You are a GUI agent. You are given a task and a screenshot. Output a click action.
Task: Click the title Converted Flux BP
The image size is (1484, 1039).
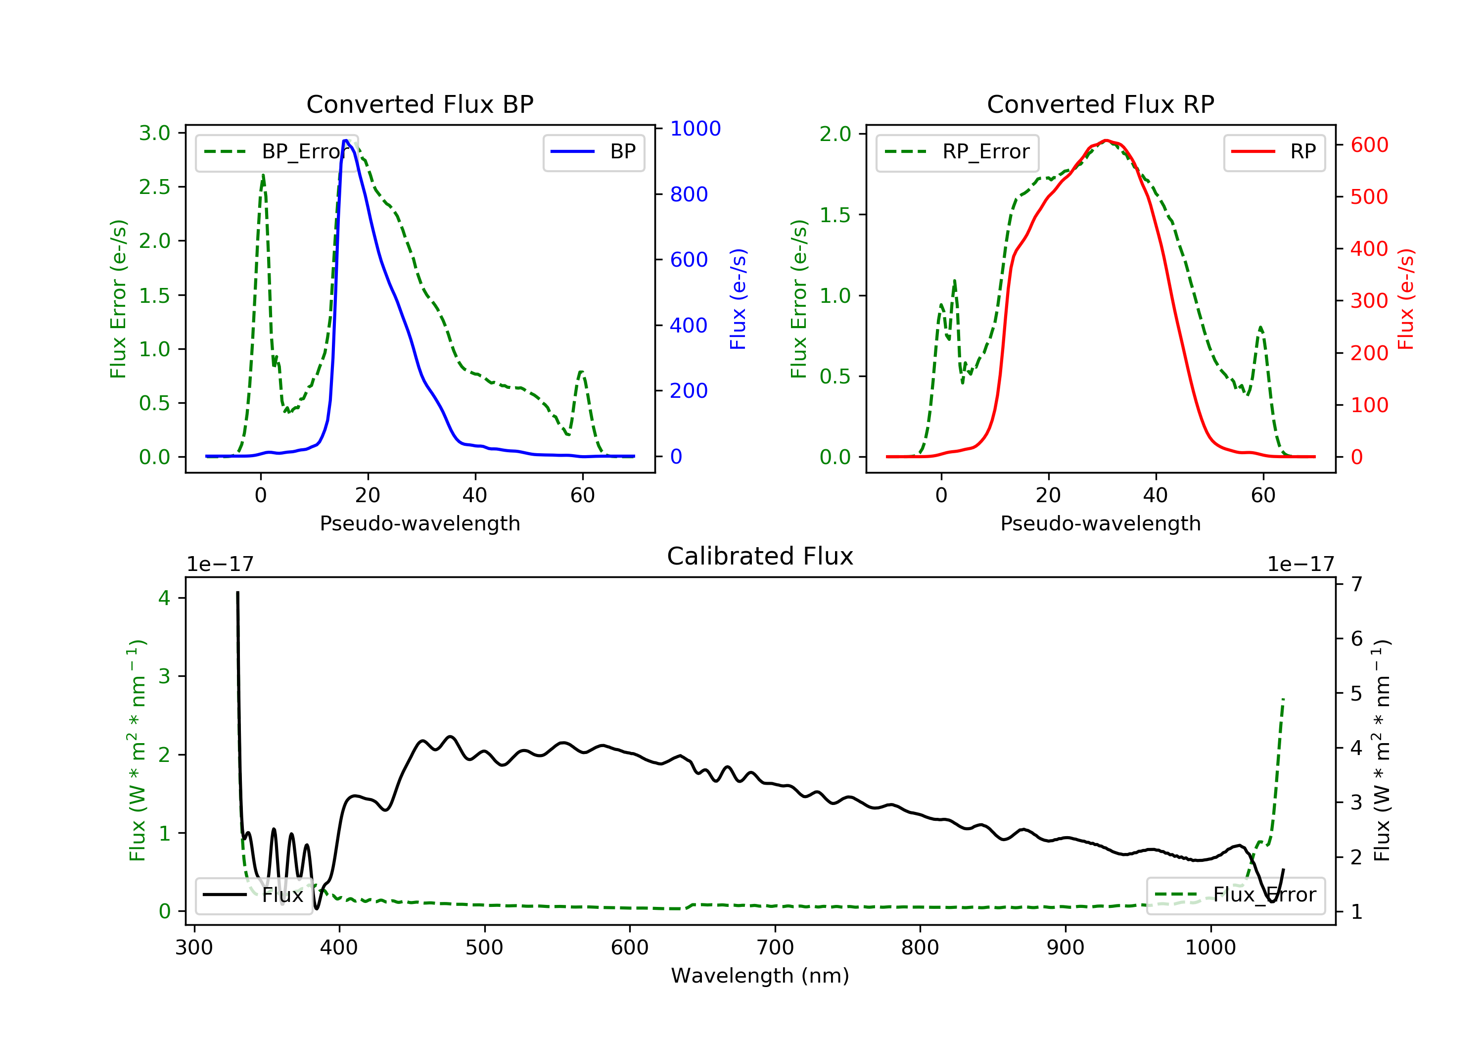pyautogui.click(x=419, y=104)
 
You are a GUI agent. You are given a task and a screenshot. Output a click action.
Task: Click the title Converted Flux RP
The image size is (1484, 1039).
pyautogui.click(x=1100, y=104)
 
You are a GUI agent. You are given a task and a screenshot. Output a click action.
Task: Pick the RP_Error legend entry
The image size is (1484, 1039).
pyautogui.click(x=957, y=152)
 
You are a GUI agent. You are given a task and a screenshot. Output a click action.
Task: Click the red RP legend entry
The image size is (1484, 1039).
pyautogui.click(x=1274, y=152)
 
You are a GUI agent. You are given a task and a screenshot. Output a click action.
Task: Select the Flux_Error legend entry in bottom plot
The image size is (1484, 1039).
pyautogui.click(x=1235, y=895)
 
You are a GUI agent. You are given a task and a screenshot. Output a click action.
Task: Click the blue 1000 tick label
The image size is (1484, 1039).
pyautogui.click(x=695, y=129)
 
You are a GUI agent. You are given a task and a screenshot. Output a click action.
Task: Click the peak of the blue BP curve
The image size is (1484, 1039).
pyautogui.click(x=346, y=141)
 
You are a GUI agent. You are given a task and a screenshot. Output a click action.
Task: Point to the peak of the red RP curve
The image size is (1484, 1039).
pyautogui.click(x=1106, y=141)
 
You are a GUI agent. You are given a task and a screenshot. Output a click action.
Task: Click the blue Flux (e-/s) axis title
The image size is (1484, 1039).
pyautogui.click(x=738, y=299)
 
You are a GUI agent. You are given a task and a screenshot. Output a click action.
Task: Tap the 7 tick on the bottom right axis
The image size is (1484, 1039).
pyautogui.click(x=1357, y=584)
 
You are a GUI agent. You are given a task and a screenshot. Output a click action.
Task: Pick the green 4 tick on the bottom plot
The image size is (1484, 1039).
pyautogui.click(x=164, y=598)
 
